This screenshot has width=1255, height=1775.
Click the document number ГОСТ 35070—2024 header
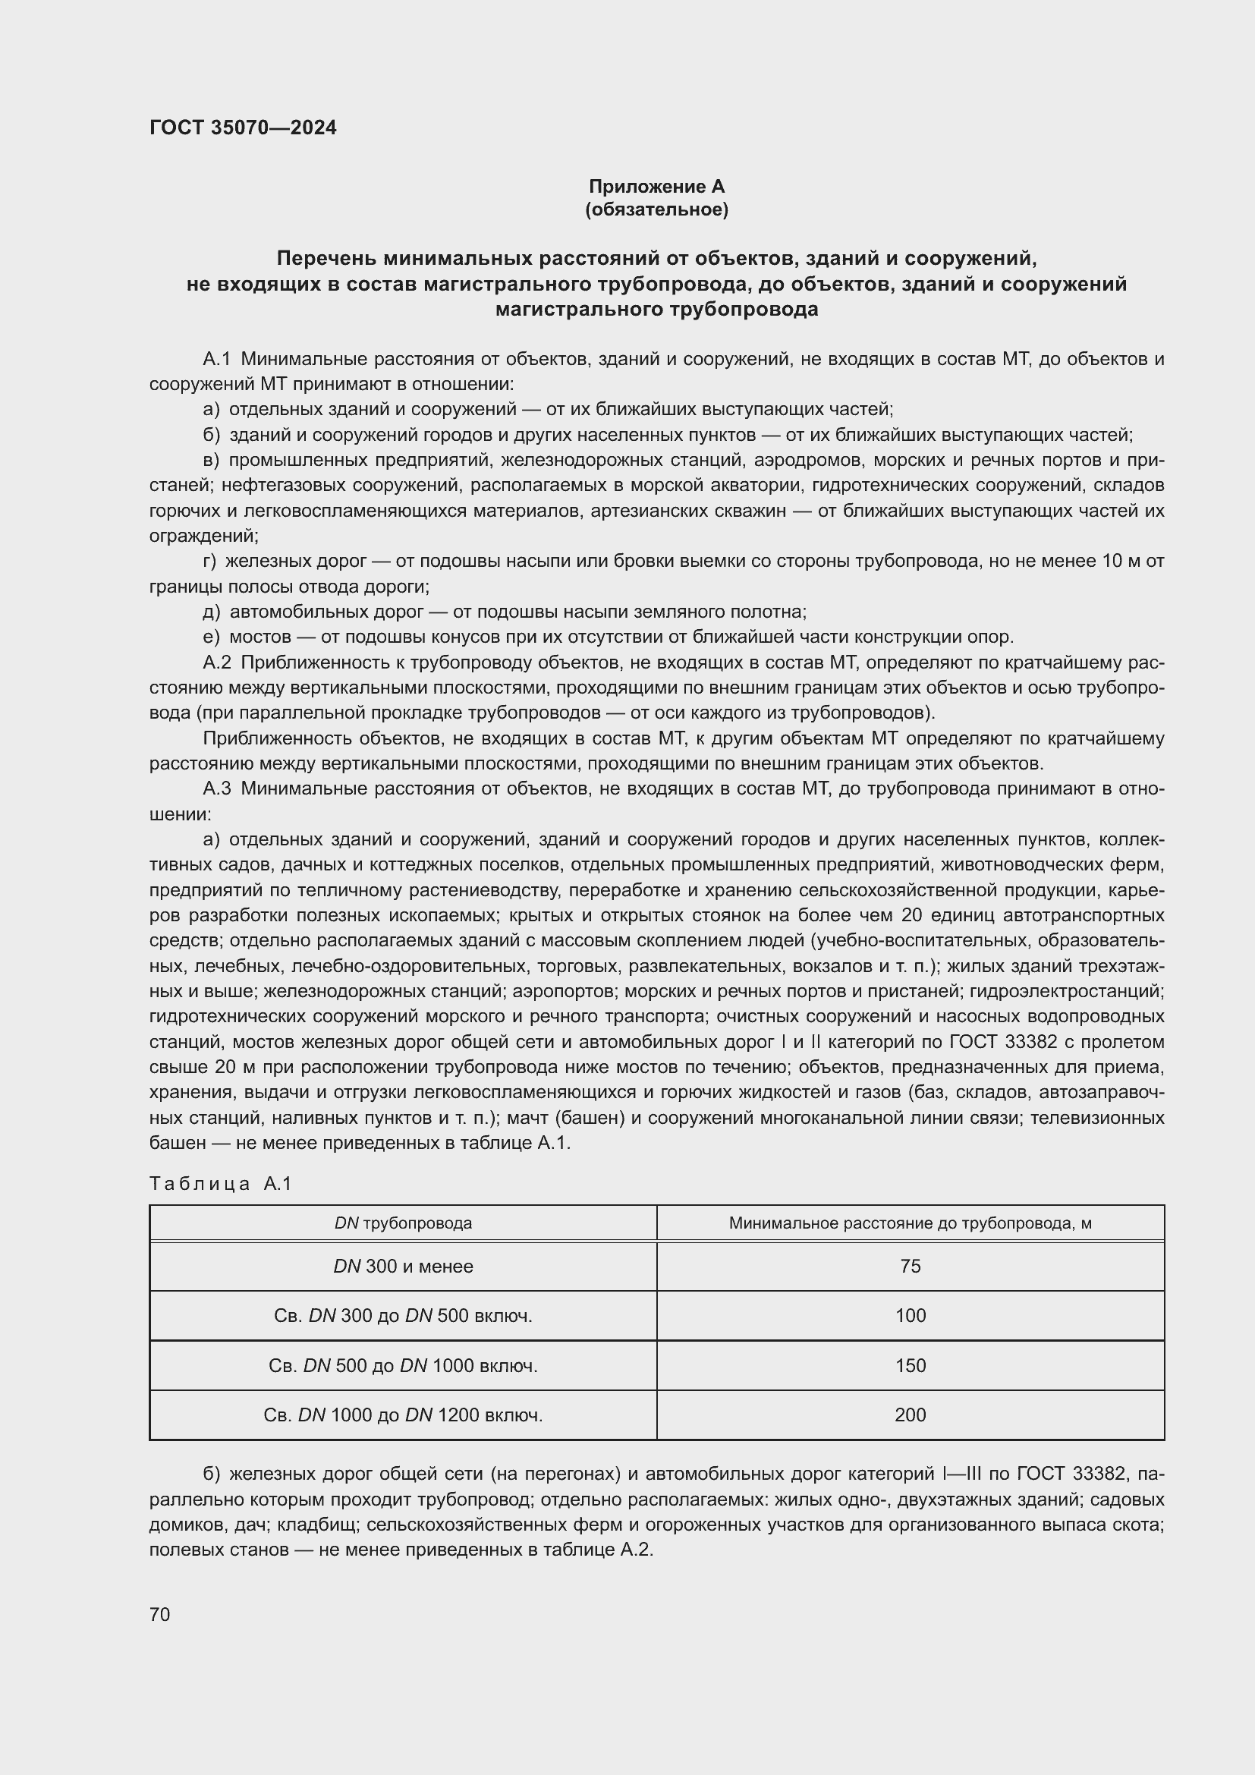tap(243, 127)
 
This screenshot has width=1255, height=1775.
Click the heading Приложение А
tap(656, 187)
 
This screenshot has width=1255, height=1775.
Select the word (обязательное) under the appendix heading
tap(656, 209)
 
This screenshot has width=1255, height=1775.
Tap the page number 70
tap(160, 1614)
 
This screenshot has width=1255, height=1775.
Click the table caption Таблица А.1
tap(220, 1184)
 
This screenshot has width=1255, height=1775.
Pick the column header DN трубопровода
tap(403, 1223)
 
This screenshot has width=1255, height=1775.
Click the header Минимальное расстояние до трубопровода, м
tap(910, 1223)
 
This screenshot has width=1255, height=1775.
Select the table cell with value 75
tap(910, 1267)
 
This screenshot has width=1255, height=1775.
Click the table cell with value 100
tap(910, 1316)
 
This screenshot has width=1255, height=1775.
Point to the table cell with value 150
tap(910, 1365)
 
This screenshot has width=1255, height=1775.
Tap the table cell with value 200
tap(910, 1415)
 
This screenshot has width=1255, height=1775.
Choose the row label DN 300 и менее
tap(403, 1267)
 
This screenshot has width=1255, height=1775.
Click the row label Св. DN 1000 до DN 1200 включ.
tap(403, 1415)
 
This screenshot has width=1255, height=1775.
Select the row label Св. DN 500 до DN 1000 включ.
tap(403, 1365)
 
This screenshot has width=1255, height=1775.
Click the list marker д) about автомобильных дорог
tap(211, 612)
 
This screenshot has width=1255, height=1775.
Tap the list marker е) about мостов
tap(211, 637)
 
